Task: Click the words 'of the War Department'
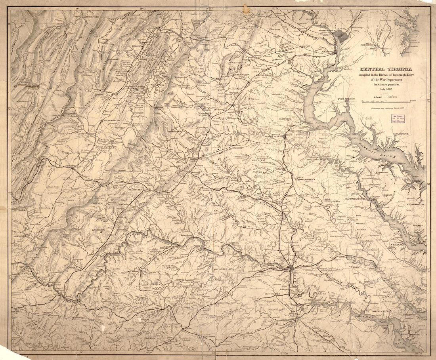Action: point(385,78)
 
